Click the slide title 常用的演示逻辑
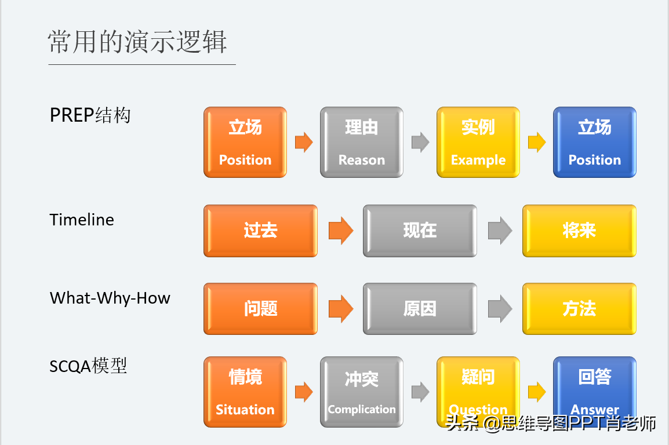coord(137,42)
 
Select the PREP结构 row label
coord(90,115)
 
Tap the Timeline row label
coord(82,220)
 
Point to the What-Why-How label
coord(110,298)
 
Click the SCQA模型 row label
coord(88,366)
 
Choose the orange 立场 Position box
coord(245,143)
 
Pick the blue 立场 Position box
coord(595,143)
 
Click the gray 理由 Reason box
coord(362,143)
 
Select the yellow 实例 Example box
coord(478,143)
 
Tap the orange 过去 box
coord(261,231)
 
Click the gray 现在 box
coord(420,231)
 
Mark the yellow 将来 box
coord(579,231)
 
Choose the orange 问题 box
coord(261,309)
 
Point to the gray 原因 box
coord(420,309)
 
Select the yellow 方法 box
coord(579,309)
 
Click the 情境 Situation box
coord(245,392)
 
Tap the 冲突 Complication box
coord(362,392)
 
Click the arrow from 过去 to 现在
coord(341,231)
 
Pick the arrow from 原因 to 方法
coord(500,309)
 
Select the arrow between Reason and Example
coord(420,142)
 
